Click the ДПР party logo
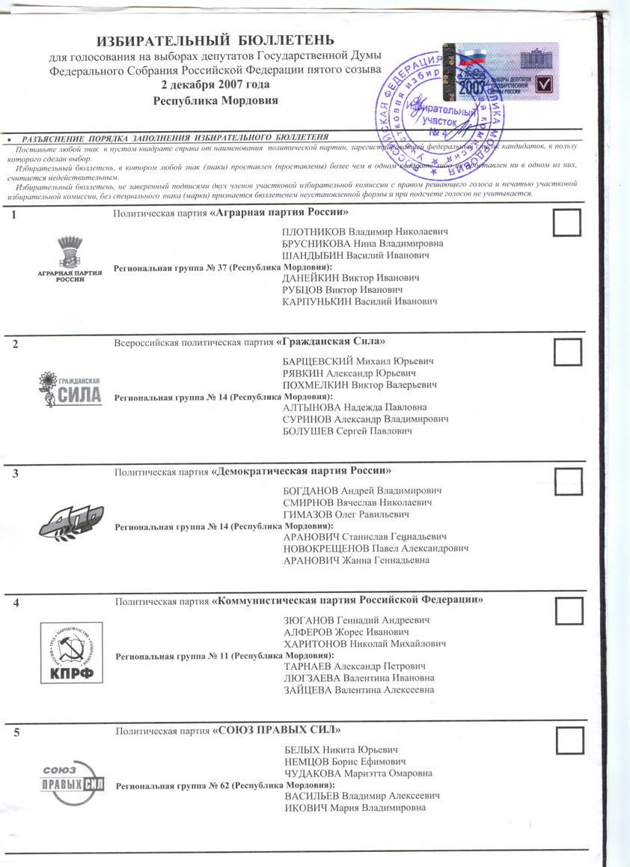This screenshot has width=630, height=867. [70, 519]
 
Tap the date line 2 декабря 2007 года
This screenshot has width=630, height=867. [215, 85]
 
